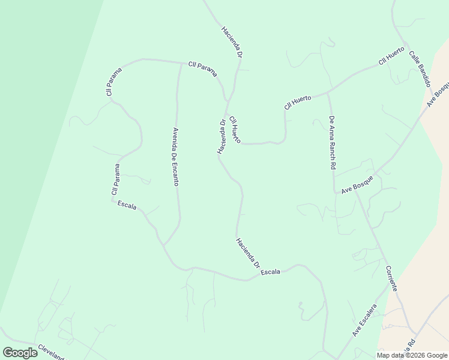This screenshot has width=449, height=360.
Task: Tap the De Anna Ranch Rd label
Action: pyautogui.click(x=331, y=142)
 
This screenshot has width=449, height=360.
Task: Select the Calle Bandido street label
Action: pyautogui.click(x=420, y=68)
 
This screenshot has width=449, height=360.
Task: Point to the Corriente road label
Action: pyautogui.click(x=391, y=278)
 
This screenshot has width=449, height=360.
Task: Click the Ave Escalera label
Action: pyautogui.click(x=364, y=320)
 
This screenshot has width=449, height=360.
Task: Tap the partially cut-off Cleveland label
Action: pyautogui.click(x=50, y=352)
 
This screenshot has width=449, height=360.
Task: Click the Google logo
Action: pyautogui.click(x=20, y=353)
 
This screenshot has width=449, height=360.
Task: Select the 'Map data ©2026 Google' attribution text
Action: pyautogui.click(x=412, y=355)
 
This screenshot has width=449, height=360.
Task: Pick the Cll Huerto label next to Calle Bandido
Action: pyautogui.click(x=391, y=56)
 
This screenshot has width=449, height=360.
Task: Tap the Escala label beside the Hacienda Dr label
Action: pyautogui.click(x=271, y=272)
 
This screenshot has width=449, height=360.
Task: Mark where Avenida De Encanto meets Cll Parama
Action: pyautogui.click(x=181, y=62)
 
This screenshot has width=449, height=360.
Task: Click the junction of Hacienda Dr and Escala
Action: pyautogui.click(x=247, y=280)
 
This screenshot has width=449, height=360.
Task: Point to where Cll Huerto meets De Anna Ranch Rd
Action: pyautogui.click(x=328, y=93)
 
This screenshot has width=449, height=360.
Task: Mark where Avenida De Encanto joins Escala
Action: pyautogui.click(x=164, y=244)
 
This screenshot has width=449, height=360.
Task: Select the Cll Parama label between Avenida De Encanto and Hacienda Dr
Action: pyautogui.click(x=202, y=68)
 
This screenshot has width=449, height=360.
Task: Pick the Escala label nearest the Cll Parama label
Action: pyautogui.click(x=127, y=206)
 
